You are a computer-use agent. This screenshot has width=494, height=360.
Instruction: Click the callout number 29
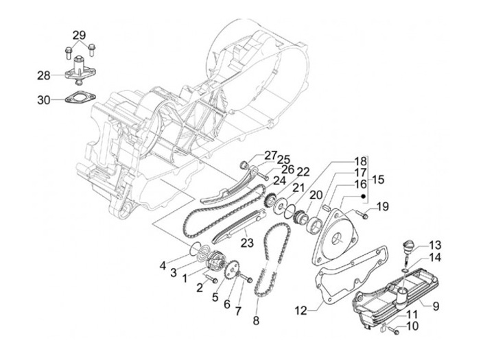[79, 35]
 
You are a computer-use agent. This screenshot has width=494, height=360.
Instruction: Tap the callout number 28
[45, 75]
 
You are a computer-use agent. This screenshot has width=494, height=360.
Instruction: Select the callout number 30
[45, 100]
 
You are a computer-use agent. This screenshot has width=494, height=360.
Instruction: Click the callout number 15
[378, 180]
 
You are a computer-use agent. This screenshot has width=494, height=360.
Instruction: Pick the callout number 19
[383, 206]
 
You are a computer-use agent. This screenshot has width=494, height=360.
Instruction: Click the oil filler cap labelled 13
[409, 246]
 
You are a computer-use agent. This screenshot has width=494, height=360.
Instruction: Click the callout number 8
[257, 320]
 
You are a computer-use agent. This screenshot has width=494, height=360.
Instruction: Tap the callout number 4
[163, 265]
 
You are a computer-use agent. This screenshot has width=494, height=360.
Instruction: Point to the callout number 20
[316, 195]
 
